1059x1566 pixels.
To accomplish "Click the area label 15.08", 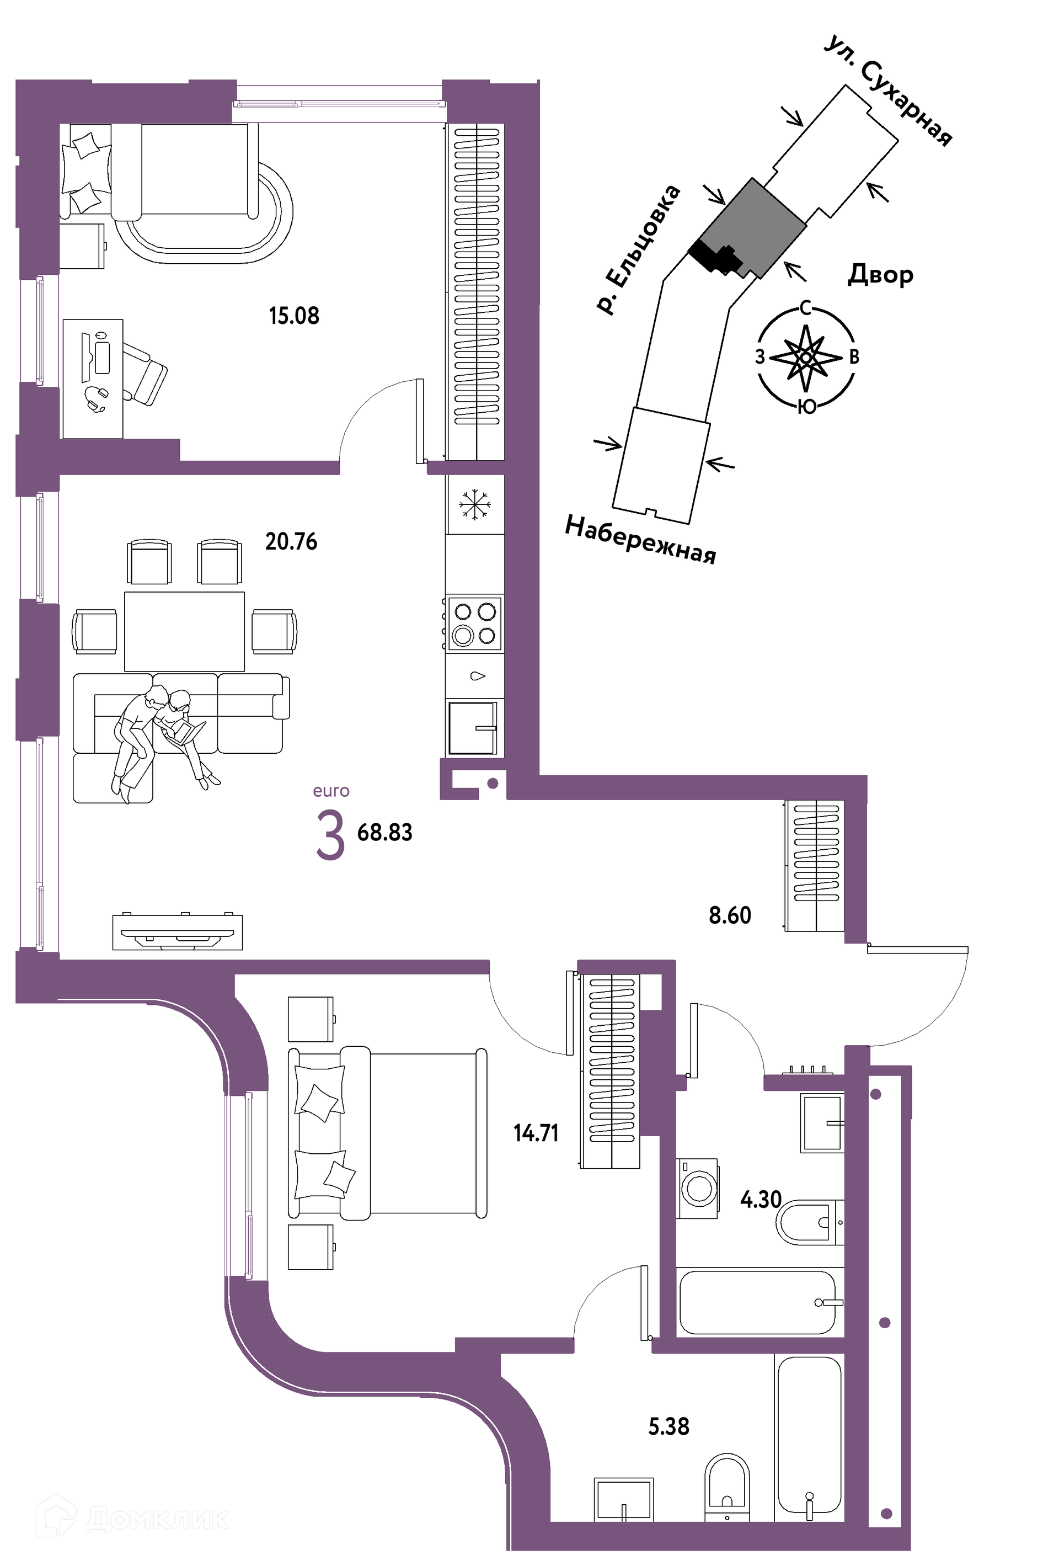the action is click(x=294, y=316).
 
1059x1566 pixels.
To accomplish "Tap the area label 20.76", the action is click(x=291, y=542).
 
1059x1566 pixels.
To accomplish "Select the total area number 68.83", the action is click(x=384, y=833).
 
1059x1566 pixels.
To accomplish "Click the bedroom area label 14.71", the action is click(x=536, y=1133).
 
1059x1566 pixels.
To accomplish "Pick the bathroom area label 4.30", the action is click(x=761, y=1200).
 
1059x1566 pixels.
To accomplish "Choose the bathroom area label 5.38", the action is click(x=669, y=1426).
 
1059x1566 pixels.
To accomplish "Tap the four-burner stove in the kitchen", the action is click(x=475, y=624).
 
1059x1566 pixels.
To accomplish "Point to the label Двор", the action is click(x=880, y=274).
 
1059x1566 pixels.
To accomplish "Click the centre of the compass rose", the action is click(x=806, y=357).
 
